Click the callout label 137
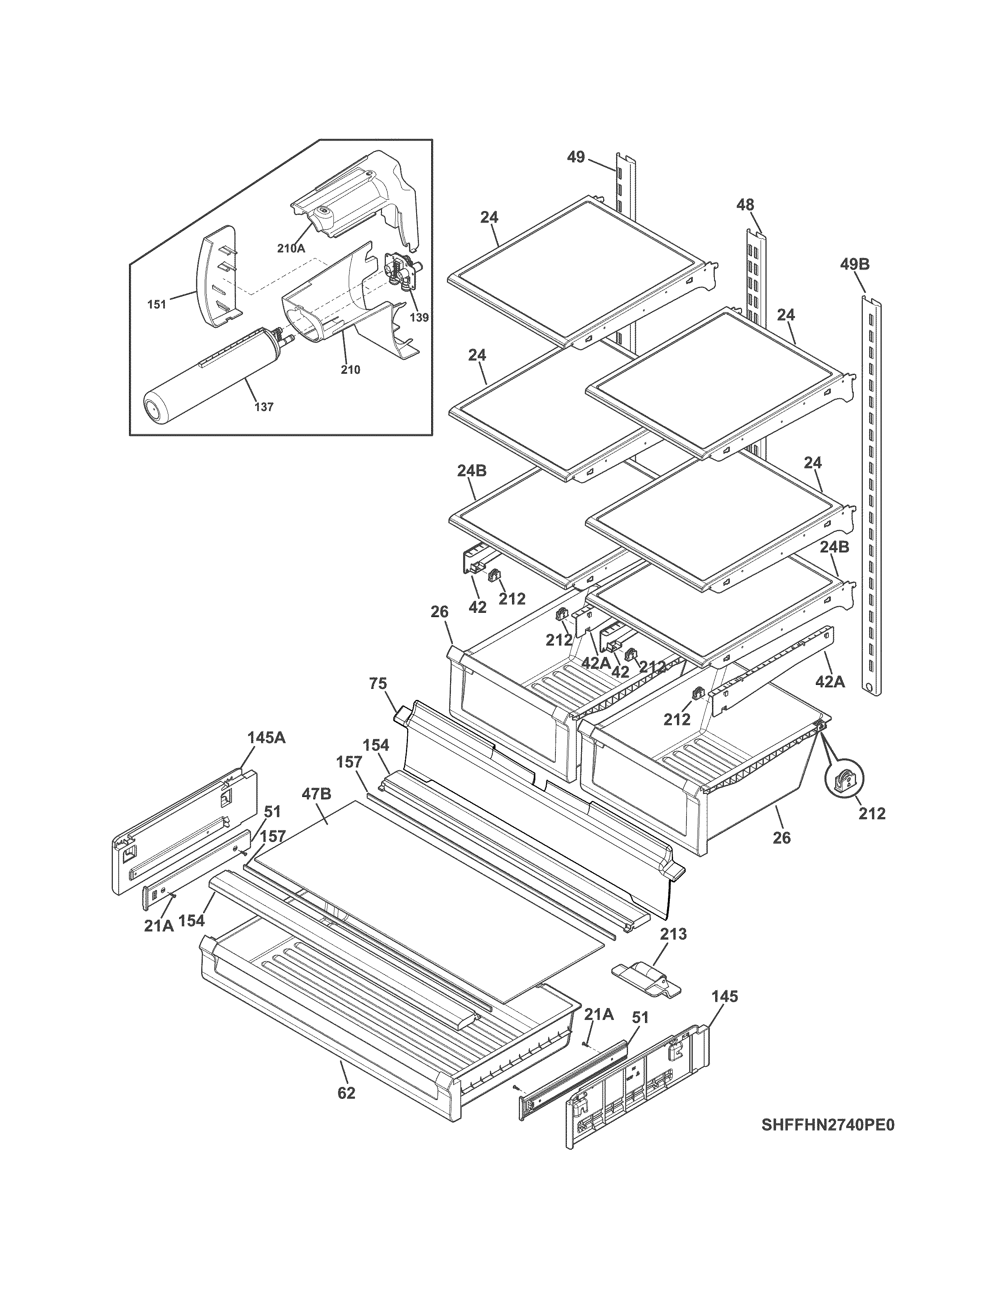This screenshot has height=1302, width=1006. click(x=264, y=407)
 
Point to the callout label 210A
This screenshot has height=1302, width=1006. click(x=291, y=249)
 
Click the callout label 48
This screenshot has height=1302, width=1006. click(x=745, y=204)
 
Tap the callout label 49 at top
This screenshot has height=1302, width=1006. click(x=576, y=157)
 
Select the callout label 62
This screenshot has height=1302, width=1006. click(x=346, y=1093)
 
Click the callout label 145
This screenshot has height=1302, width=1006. click(x=725, y=996)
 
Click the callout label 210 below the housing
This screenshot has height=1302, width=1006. click(x=350, y=370)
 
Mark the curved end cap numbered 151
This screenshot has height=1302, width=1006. click(x=217, y=275)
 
